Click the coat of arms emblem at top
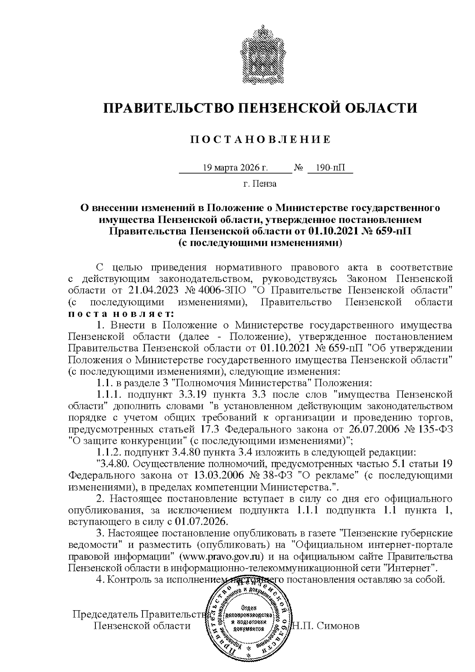tap(260, 53)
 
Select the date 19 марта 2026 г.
tap(236, 168)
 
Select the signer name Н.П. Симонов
tap(326, 626)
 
